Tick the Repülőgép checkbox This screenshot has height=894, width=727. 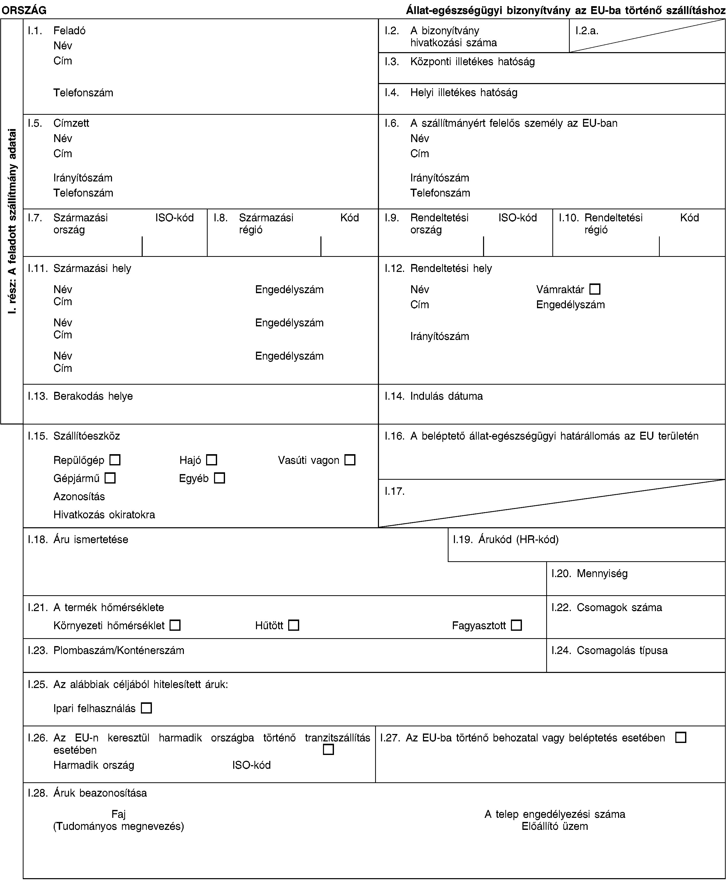pos(115,460)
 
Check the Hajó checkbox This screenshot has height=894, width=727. pos(211,460)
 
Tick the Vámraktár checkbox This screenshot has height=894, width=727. pos(595,289)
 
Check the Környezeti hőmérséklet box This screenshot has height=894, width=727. pos(175,626)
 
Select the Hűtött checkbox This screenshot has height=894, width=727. pos(294,626)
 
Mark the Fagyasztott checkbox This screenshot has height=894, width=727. pos(516,626)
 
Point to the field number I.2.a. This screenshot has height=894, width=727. pos(587,31)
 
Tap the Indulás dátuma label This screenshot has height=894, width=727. pos(446,396)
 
